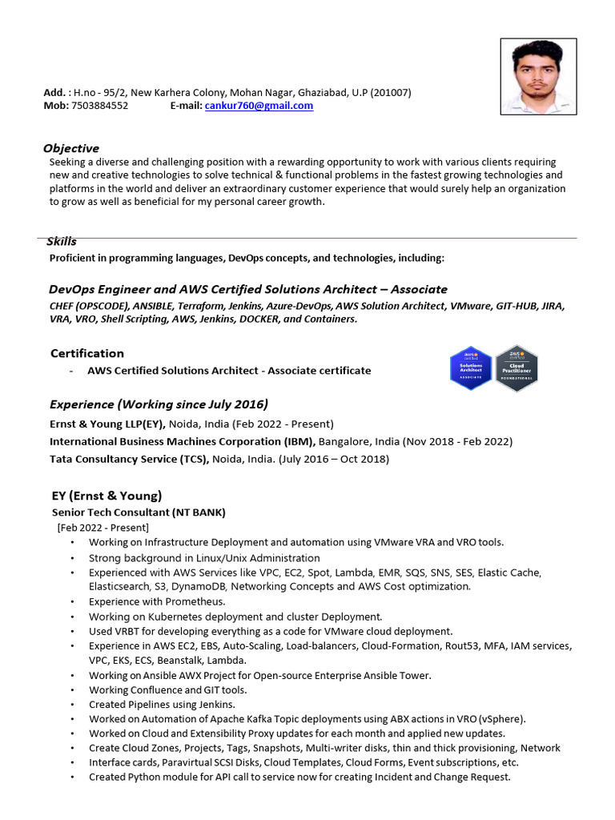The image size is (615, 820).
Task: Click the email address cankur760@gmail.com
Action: pyautogui.click(x=259, y=106)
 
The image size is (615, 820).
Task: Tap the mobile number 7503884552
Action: pyautogui.click(x=99, y=106)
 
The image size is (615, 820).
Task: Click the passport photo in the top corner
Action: pyautogui.click(x=537, y=78)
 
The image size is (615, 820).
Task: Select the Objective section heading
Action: pyautogui.click(x=71, y=148)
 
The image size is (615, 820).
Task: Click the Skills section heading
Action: pyautogui.click(x=62, y=241)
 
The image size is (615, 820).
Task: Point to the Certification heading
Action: pyautogui.click(x=87, y=353)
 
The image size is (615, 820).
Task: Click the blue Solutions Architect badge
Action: pyautogui.click(x=470, y=369)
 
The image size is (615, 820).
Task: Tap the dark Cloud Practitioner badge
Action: pyautogui.click(x=517, y=369)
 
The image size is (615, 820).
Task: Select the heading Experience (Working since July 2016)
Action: pyautogui.click(x=159, y=404)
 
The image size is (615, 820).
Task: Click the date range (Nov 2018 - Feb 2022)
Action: pyautogui.click(x=451, y=441)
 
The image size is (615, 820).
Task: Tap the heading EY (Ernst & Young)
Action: pyautogui.click(x=107, y=496)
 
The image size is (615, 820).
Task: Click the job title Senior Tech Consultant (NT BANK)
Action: pyautogui.click(x=139, y=512)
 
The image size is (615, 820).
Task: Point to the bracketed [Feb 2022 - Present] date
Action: pyautogui.click(x=102, y=527)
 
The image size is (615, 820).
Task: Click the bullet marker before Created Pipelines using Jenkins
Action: pyautogui.click(x=74, y=705)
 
